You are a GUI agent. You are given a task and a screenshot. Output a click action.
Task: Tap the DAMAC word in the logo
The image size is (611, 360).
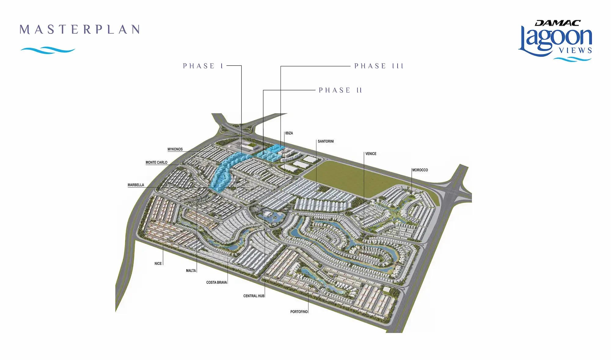tap(558, 23)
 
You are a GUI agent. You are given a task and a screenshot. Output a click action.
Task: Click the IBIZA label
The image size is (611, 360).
tap(289, 133)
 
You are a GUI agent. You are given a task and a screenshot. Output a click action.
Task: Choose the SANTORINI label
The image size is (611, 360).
tap(326, 141)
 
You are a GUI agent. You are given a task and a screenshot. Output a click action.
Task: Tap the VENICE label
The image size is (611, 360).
tap(371, 154)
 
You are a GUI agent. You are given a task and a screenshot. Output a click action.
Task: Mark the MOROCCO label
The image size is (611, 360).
tap(420, 170)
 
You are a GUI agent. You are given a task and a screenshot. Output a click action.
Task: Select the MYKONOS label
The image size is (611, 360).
tap(175, 149)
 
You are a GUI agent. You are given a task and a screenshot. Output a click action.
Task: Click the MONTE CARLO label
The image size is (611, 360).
tap(156, 163)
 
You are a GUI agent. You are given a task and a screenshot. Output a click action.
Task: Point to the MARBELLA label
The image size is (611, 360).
tap(136, 185)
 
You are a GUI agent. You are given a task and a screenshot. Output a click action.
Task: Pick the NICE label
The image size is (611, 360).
tap(158, 263)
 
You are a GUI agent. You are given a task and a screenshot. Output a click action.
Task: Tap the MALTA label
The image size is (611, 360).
tap(191, 270)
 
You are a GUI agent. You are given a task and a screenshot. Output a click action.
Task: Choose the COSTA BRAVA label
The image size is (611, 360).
tap(217, 282)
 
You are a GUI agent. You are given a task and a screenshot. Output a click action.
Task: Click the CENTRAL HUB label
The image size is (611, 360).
tap(254, 296)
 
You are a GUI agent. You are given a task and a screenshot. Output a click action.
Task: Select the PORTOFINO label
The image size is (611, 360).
tap(299, 312)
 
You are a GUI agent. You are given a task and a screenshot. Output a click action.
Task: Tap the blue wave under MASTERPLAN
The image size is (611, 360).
tap(48, 50)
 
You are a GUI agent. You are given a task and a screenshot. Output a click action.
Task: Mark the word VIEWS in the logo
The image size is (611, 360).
tap(576, 50)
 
